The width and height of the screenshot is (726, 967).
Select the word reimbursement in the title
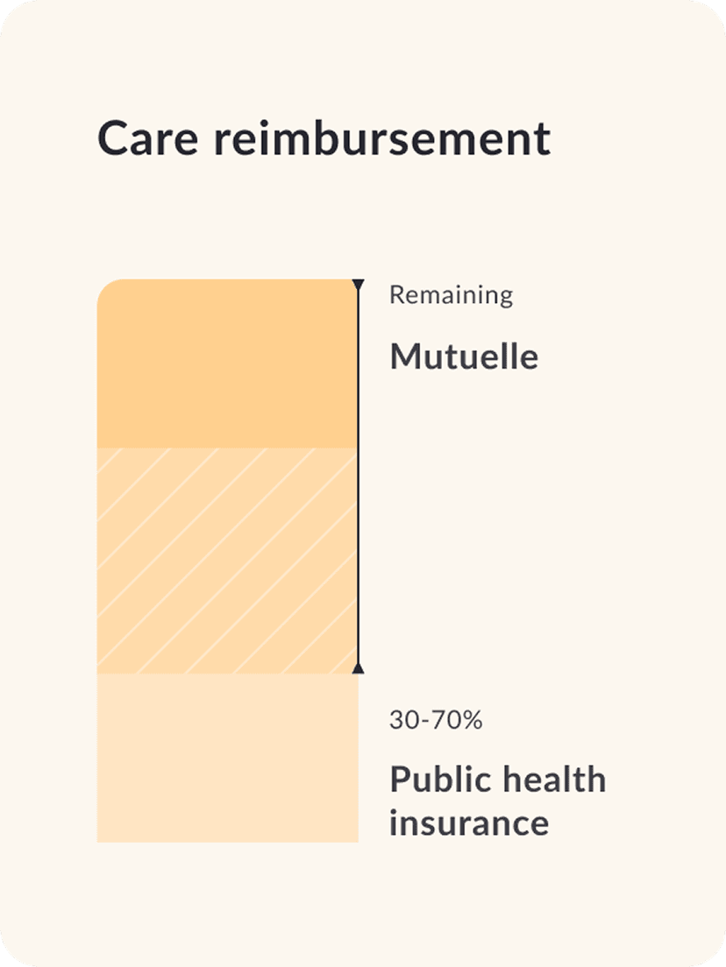pos(382,139)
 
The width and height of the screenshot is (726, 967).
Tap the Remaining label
pos(451,295)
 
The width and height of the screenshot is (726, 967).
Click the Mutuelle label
pos(464,356)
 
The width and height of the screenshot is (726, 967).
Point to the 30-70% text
pos(436,721)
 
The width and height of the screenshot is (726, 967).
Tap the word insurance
pos(469,823)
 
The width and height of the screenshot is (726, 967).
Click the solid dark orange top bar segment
pos(227,364)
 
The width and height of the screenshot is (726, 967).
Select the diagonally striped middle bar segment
pos(227,561)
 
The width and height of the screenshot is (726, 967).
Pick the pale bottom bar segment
pos(227,758)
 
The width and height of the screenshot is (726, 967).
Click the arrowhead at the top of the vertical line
pos(358,285)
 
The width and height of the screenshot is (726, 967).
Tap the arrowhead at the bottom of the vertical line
pos(358,668)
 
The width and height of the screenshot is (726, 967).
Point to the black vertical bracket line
pos(358,477)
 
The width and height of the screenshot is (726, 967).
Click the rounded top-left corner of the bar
pos(106,289)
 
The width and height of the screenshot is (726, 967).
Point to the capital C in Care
pos(113,139)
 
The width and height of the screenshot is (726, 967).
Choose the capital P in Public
pos(400,779)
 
